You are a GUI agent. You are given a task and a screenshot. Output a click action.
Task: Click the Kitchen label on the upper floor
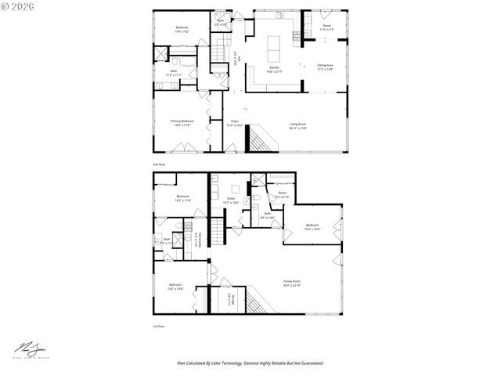pyautogui.click(x=274, y=68)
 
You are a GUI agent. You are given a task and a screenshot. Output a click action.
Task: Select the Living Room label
pyautogui.click(x=298, y=123)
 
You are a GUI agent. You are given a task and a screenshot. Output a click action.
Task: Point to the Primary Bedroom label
pyautogui.click(x=182, y=121)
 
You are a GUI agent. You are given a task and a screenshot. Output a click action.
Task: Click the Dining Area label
pyautogui.click(x=325, y=65)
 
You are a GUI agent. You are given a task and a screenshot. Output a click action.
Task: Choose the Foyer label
pyautogui.click(x=234, y=121)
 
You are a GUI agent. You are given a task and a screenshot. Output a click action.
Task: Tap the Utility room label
pyautogui.click(x=232, y=199)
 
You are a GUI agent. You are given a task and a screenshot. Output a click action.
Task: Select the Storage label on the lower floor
pyautogui.click(x=229, y=300)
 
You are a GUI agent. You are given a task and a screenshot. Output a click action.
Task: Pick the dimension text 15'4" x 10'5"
pyautogui.click(x=312, y=230)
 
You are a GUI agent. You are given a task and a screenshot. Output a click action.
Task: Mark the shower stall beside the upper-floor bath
pyautogui.click(x=161, y=54)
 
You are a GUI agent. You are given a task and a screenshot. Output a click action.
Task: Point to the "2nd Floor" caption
pyautogui.click(x=158, y=165)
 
